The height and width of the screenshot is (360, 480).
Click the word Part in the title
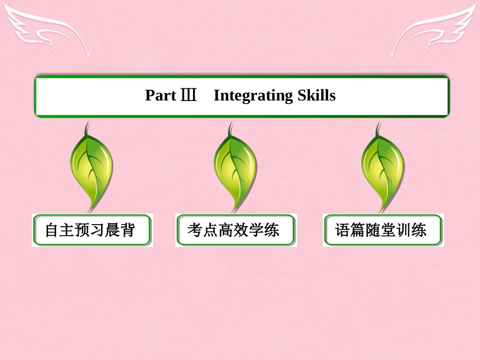coord(161,95)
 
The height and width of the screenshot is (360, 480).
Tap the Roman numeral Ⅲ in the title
coord(188,95)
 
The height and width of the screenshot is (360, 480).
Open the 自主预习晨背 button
coord(92,230)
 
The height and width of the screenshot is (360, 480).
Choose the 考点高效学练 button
coord(236,230)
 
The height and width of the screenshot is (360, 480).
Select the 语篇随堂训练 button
coord(383,230)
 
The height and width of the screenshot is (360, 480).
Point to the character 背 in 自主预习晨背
coord(128,231)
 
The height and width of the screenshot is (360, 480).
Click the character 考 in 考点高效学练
coord(195,231)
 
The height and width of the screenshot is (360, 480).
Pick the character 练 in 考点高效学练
coord(271,231)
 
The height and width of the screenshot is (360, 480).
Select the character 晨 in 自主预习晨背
coord(113,231)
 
